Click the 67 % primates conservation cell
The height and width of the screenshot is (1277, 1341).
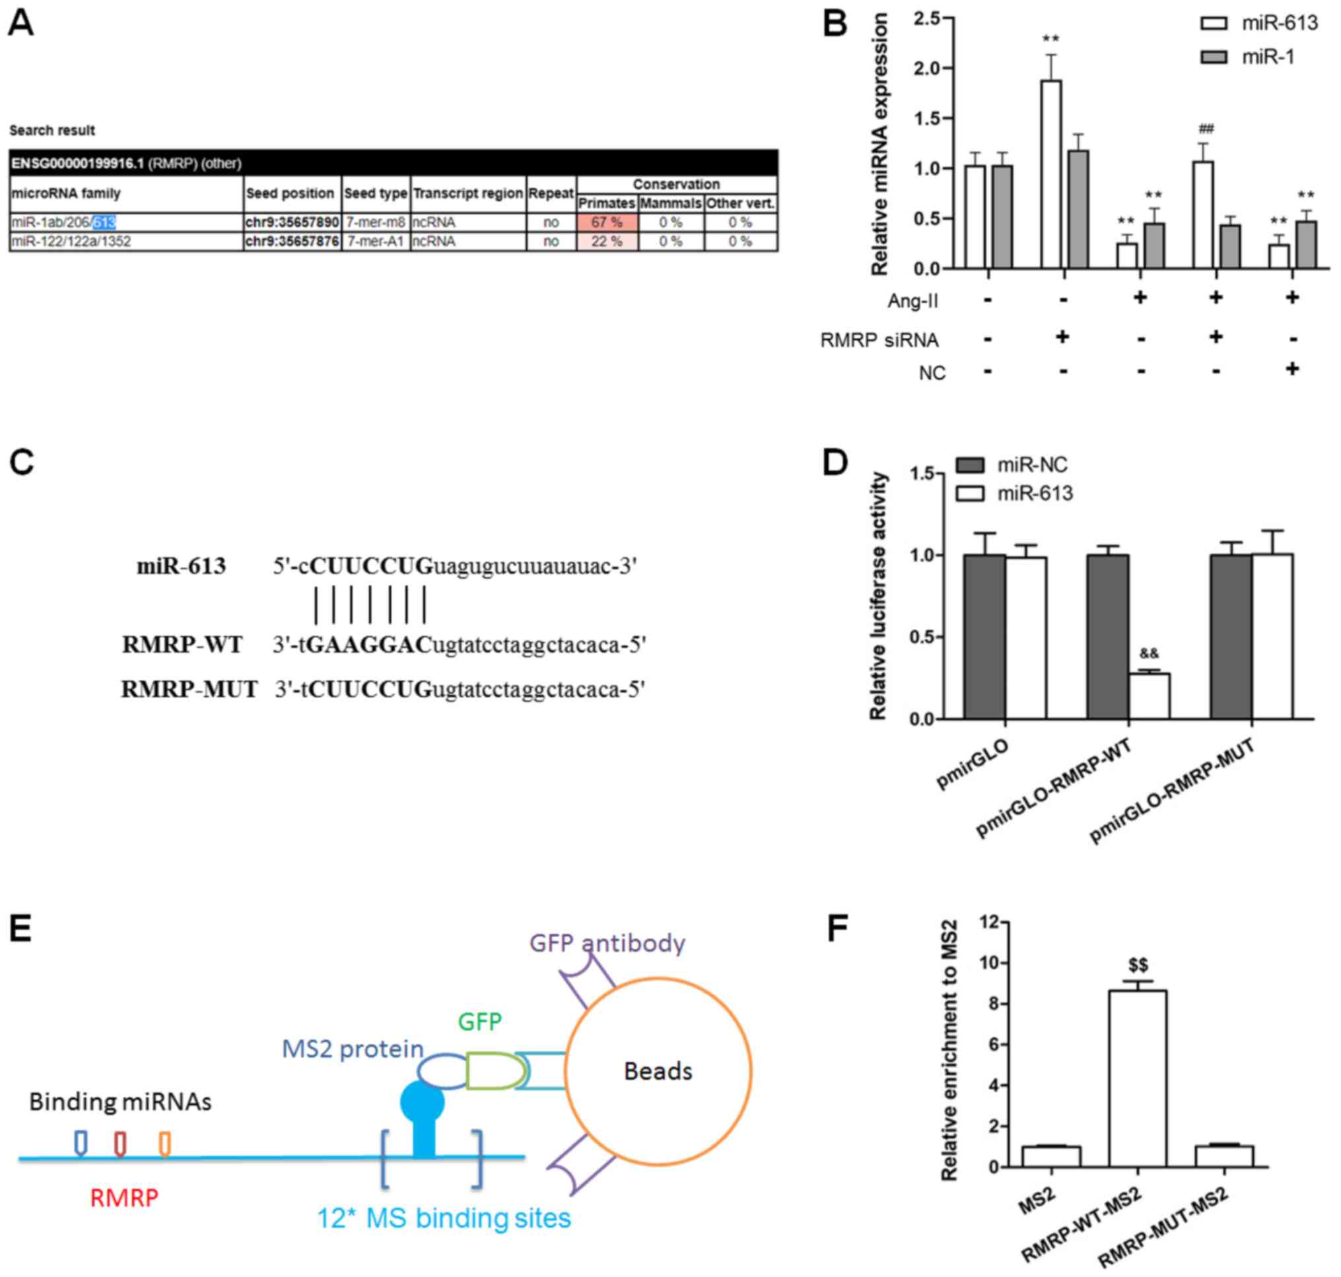click(x=606, y=222)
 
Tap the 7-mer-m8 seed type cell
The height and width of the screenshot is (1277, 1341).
click(x=375, y=222)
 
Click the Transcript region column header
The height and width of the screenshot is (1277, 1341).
click(x=468, y=193)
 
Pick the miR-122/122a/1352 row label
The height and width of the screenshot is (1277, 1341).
click(x=71, y=242)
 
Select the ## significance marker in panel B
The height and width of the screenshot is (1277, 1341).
click(x=1206, y=129)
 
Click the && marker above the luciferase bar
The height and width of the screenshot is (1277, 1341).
click(x=1149, y=654)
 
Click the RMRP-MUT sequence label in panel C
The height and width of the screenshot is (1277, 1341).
click(x=189, y=690)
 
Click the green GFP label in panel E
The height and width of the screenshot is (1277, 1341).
click(x=479, y=1022)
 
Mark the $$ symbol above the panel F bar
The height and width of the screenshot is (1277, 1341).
click(x=1138, y=966)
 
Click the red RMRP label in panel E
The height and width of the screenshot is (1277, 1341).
click(x=124, y=1198)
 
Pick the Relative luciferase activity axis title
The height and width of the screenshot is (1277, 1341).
click(x=879, y=596)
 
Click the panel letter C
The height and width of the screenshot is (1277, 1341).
click(x=22, y=462)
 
